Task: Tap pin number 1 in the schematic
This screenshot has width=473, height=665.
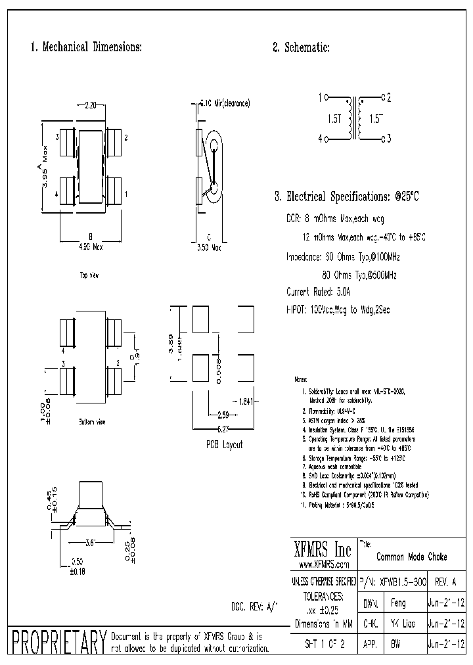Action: point(320,98)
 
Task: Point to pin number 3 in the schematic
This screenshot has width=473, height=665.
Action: point(389,138)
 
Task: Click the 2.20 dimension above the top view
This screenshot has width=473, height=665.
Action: point(91,104)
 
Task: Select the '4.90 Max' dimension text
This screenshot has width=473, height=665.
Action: point(91,246)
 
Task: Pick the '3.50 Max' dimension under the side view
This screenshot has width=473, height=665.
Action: point(210,248)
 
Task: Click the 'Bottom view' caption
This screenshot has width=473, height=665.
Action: point(91,421)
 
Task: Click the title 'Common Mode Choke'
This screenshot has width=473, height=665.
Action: point(412,557)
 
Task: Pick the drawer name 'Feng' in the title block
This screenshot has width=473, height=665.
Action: point(399,603)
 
